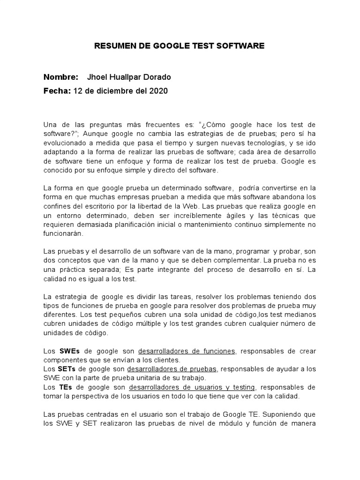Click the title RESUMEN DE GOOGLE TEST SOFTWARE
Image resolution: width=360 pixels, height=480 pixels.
pyautogui.click(x=180, y=46)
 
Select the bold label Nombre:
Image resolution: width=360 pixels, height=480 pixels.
pyautogui.click(x=60, y=77)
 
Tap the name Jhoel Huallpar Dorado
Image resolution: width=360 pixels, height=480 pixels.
pyautogui.click(x=129, y=77)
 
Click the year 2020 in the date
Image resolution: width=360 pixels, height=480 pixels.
pyautogui.click(x=158, y=90)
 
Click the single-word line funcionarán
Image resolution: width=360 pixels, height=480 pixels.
pyautogui.click(x=63, y=233)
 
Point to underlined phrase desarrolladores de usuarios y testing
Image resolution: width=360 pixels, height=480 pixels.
pyautogui.click(x=192, y=387)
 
